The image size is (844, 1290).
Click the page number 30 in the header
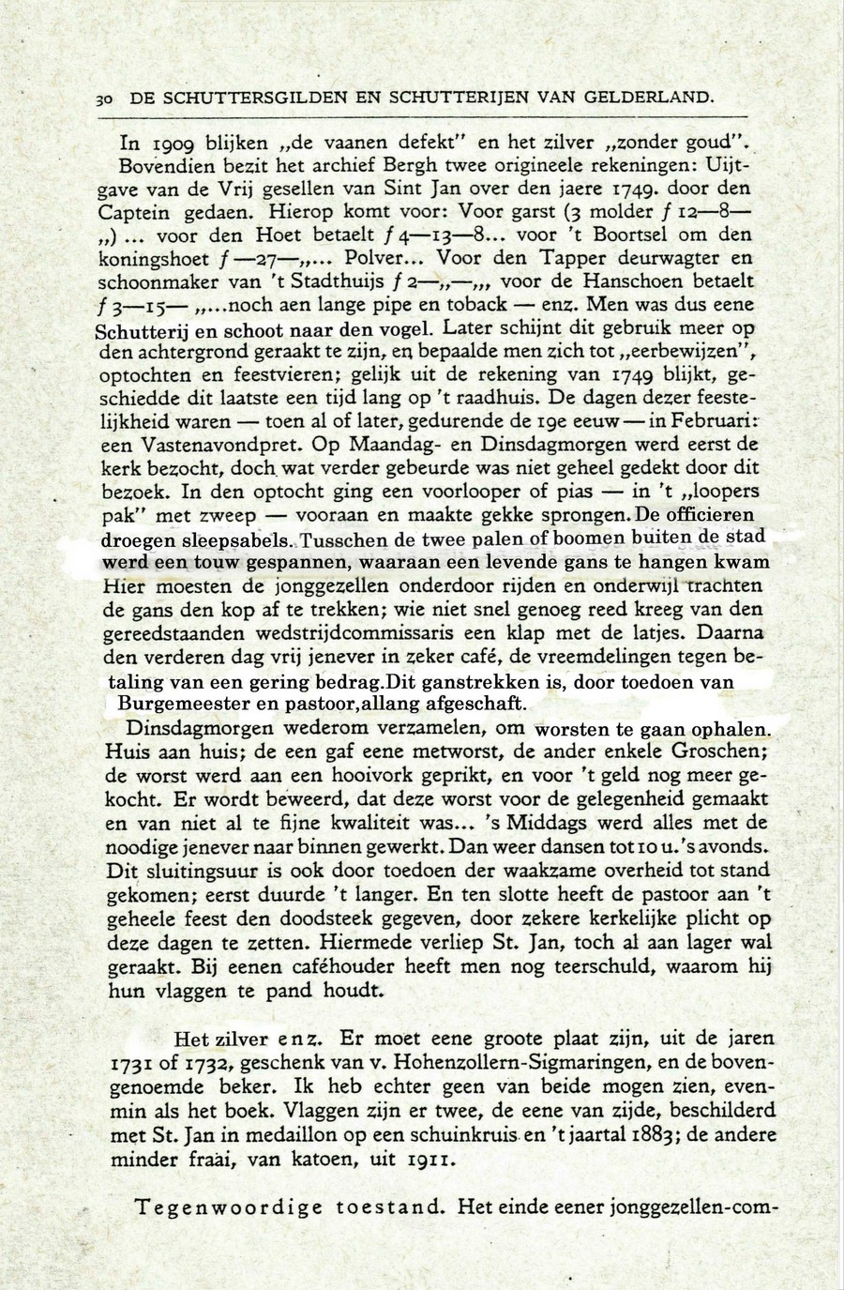pos(106,97)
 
